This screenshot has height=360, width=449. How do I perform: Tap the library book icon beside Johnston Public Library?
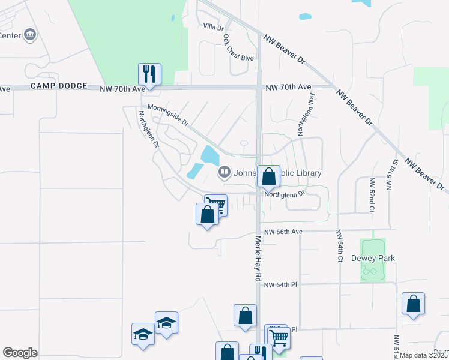[224, 173]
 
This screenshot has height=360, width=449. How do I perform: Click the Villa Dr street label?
[213, 27]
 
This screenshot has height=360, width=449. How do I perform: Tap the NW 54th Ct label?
[339, 245]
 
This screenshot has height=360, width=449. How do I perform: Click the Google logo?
[20, 353]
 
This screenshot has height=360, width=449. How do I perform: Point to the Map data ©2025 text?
[424, 355]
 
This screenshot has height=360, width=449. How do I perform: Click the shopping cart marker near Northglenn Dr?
[216, 205]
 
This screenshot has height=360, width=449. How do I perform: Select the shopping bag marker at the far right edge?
[413, 304]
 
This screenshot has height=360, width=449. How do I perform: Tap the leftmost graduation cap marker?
[143, 334]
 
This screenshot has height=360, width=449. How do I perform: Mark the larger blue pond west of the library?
[210, 156]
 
